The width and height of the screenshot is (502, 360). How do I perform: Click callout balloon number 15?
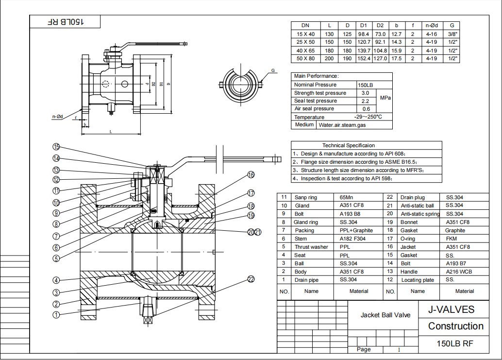(56, 147)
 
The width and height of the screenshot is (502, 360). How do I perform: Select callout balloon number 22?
(251, 279)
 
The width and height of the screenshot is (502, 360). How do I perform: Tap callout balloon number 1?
(56, 315)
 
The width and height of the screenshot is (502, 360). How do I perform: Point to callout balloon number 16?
(251, 175)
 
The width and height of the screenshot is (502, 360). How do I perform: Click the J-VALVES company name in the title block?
(451, 310)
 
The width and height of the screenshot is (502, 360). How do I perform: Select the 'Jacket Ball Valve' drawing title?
(385, 315)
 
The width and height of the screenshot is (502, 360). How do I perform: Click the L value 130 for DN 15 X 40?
(330, 34)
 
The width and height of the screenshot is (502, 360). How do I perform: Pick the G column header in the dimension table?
(452, 25)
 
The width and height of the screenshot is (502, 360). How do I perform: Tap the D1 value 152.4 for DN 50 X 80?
(364, 58)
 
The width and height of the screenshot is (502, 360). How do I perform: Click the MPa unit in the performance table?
(385, 98)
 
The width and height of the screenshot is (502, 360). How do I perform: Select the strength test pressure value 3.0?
(366, 93)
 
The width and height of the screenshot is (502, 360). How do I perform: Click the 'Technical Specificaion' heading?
(349, 145)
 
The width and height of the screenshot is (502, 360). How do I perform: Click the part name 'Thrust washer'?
(311, 247)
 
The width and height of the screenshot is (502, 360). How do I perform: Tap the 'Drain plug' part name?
(412, 197)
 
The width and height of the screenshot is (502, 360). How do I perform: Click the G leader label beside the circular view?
(273, 70)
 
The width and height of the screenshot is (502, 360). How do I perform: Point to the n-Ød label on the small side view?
(58, 117)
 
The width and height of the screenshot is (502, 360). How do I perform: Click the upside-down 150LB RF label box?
(66, 22)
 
